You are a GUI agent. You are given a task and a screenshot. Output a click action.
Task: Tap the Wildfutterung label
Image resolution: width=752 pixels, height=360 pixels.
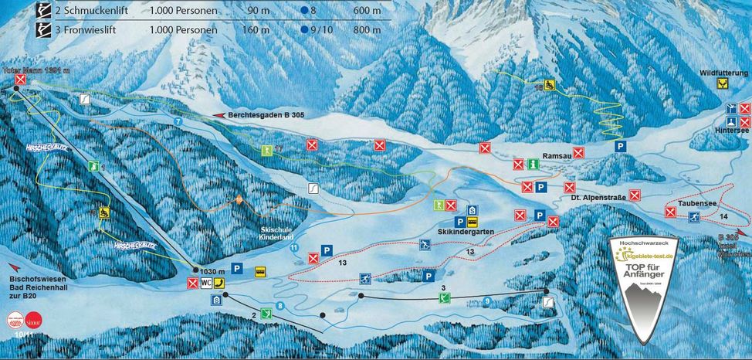[x=724, y=73]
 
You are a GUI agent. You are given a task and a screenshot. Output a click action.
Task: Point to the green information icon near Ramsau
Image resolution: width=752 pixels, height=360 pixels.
[x=533, y=165]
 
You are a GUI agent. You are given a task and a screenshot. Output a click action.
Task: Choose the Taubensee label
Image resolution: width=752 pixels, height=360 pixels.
[x=694, y=203]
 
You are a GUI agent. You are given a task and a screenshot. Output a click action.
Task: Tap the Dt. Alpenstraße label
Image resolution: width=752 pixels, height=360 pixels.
[x=597, y=199]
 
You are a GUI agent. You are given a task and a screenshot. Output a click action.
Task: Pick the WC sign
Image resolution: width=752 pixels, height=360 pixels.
[x=206, y=284]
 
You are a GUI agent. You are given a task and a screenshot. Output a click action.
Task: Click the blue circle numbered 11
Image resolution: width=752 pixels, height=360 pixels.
[x=294, y=247]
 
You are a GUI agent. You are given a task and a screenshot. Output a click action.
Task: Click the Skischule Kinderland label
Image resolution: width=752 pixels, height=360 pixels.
[x=279, y=235]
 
